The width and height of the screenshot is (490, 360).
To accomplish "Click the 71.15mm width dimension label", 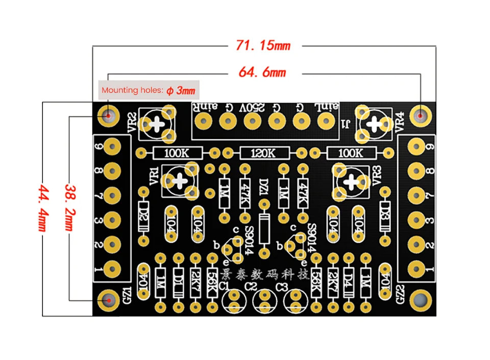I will tap(263, 45).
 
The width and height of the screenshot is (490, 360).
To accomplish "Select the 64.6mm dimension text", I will tap(263, 72).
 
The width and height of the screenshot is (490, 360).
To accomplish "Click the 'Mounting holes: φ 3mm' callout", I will tap(149, 91).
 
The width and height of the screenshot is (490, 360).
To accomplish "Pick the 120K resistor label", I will tap(264, 153).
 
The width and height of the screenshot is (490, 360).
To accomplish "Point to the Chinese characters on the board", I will tap(265, 275).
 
